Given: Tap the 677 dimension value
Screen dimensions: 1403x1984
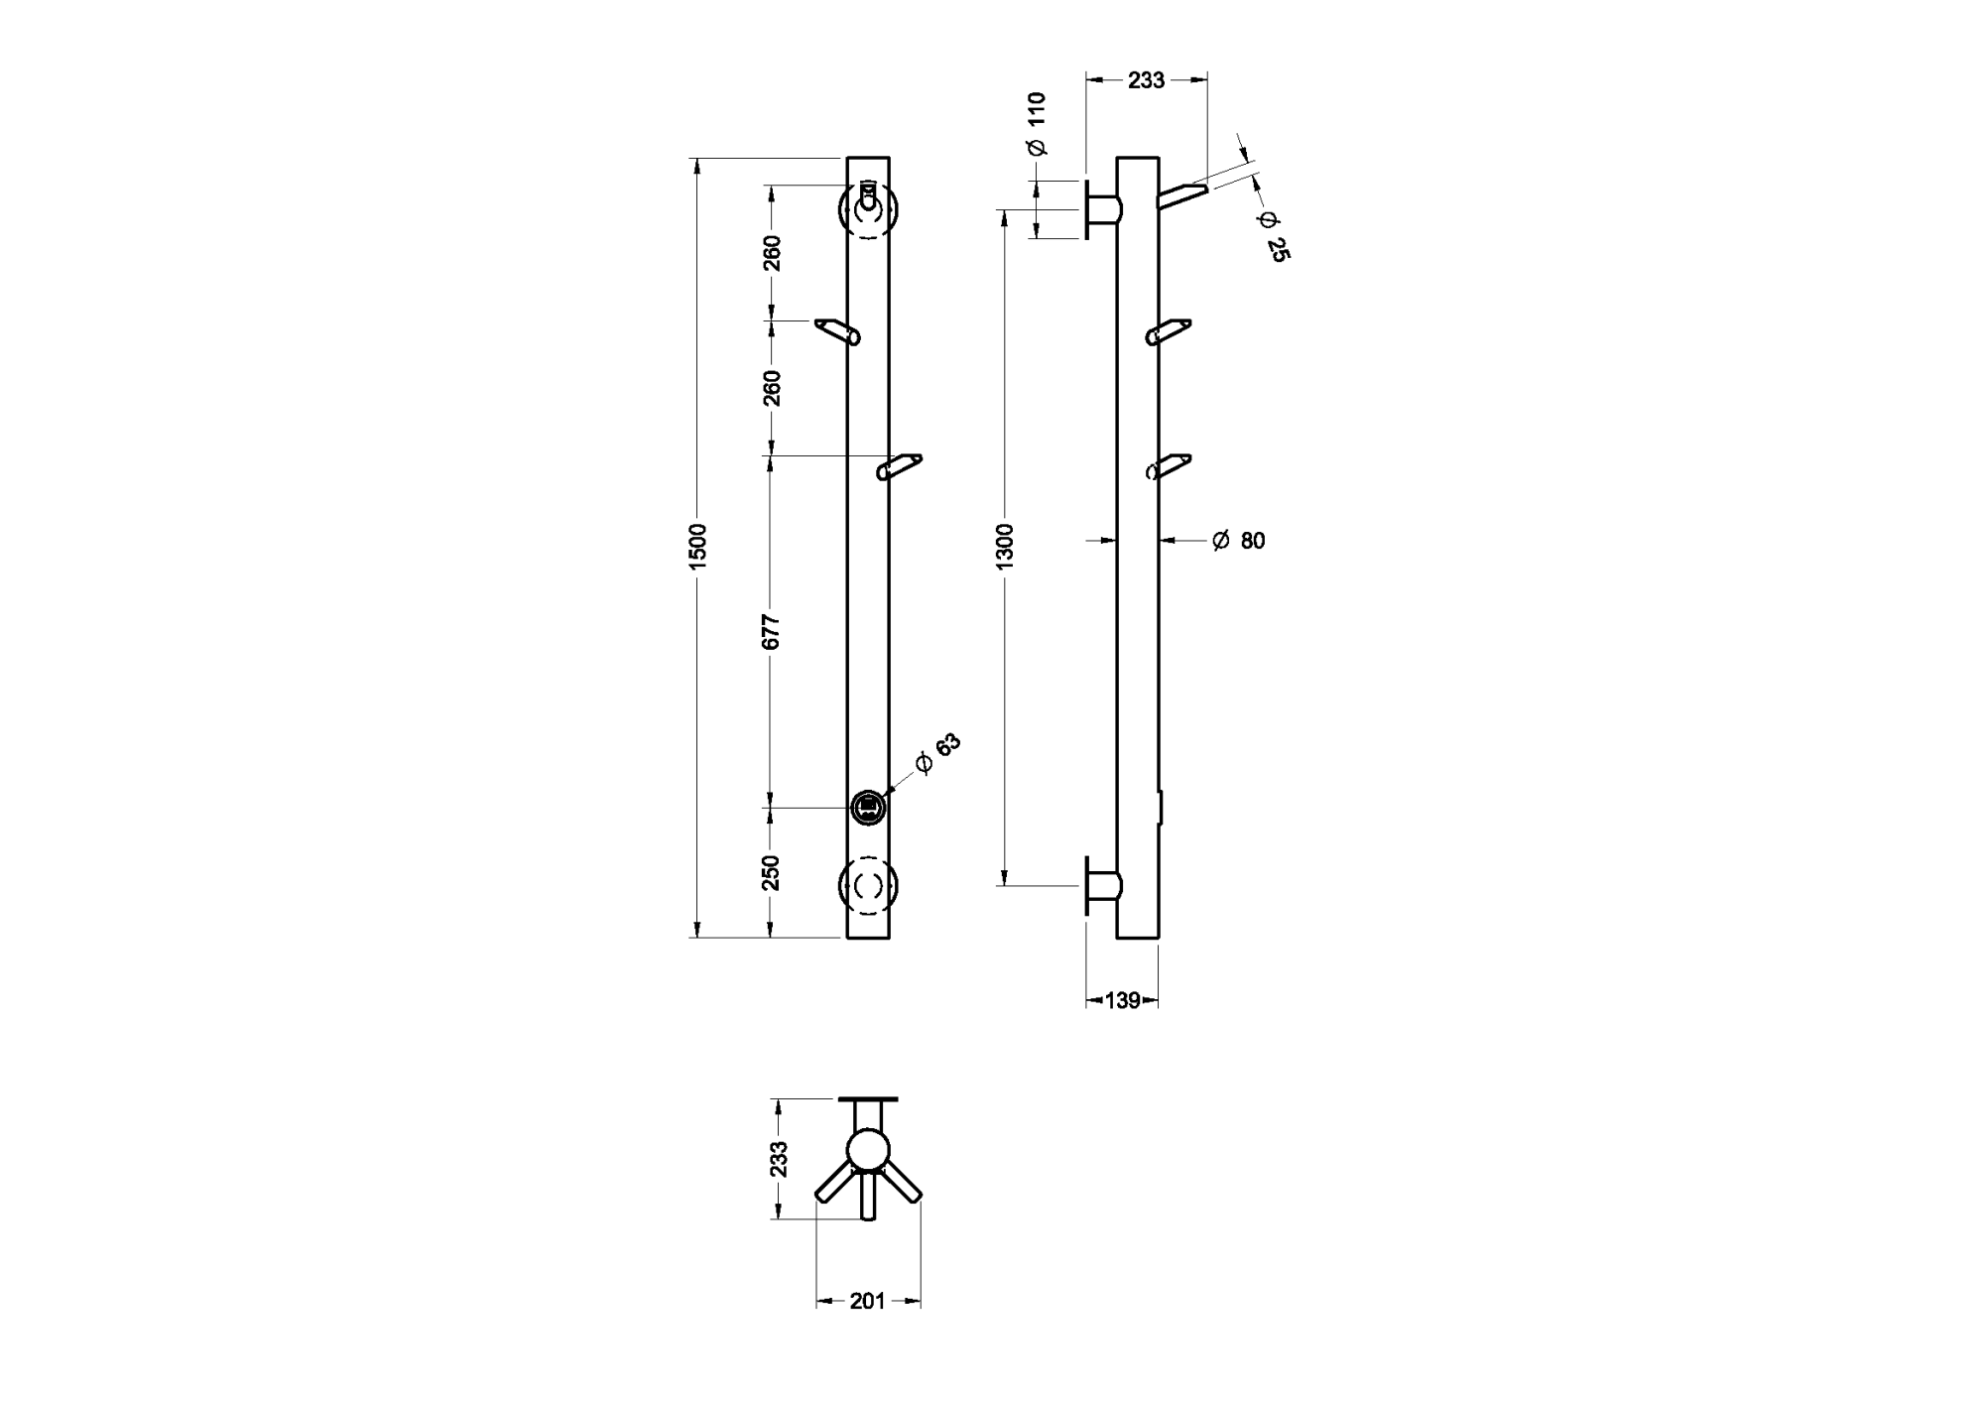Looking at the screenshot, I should pos(772,632).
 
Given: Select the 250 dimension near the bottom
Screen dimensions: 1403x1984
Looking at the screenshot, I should pos(772,872).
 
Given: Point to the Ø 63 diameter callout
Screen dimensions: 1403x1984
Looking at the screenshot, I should pos(937,754).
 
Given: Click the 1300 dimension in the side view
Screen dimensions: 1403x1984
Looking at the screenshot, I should pos(1005,546).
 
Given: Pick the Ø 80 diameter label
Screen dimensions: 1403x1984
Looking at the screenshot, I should pos(1239,541).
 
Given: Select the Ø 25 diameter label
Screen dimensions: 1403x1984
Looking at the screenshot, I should pos(1273,236).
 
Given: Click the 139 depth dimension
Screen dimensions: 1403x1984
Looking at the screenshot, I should pos(1122,1000).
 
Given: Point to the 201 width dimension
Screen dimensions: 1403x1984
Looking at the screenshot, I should pos(867,1301).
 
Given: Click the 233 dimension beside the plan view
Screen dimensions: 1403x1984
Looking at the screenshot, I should pos(779,1158).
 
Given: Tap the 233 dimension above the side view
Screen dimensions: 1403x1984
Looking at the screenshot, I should pos(1146,80).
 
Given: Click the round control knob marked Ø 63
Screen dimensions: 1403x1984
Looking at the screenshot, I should pos(868,806).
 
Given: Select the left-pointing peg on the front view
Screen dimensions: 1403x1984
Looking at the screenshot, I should pos(837,331).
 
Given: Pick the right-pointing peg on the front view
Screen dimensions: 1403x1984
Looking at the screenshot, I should pos(900,466).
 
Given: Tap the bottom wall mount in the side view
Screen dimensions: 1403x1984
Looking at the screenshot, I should pos(1101,885).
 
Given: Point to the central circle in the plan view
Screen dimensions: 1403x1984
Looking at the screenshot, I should pos(868,1149).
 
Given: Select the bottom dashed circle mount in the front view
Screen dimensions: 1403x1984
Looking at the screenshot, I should pos(869,884).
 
